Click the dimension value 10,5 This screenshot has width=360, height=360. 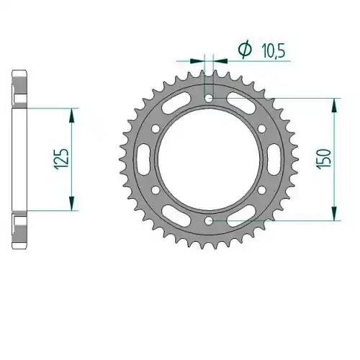coord(273,51)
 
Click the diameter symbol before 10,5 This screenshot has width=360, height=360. coord(245,50)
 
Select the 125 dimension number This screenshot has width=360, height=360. coord(62,159)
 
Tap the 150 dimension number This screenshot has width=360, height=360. coord(324,159)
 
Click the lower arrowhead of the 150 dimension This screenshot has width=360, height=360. coord(334,214)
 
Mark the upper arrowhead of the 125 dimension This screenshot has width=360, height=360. coord(72,115)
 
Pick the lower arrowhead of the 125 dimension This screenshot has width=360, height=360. coord(72,204)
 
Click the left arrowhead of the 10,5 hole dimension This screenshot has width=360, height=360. coord(197,61)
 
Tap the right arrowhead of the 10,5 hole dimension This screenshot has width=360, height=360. coord(220,61)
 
